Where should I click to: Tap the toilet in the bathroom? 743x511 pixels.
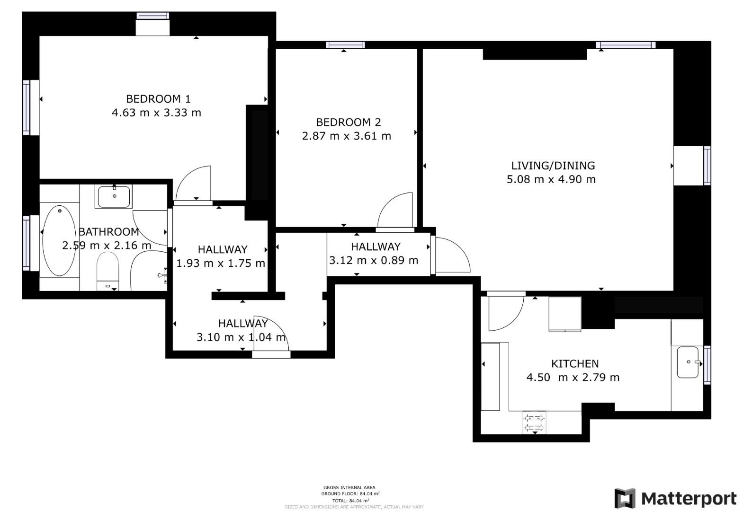pyautogui.click(x=107, y=270)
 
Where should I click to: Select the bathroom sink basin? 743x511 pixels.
pyautogui.click(x=114, y=196)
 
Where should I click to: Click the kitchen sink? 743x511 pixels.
pyautogui.click(x=688, y=362)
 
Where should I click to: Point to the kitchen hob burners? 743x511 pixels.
pyautogui.click(x=534, y=423)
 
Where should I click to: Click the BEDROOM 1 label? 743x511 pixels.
pyautogui.click(x=158, y=99)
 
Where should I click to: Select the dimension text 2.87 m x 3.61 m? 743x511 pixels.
pyautogui.click(x=346, y=136)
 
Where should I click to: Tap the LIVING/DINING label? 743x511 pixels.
pyautogui.click(x=553, y=166)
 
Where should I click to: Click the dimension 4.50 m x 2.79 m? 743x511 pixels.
pyautogui.click(x=573, y=378)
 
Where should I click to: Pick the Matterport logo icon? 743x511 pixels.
pyautogui.click(x=625, y=499)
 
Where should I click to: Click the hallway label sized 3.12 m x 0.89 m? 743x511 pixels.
pyautogui.click(x=376, y=247)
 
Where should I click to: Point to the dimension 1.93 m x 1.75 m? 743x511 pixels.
pyautogui.click(x=220, y=263)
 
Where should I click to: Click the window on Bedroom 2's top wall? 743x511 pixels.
pyautogui.click(x=345, y=45)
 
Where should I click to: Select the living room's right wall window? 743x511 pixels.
pyautogui.click(x=707, y=165)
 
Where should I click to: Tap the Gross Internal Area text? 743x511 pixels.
pyautogui.click(x=349, y=487)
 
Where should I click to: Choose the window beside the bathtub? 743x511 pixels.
pyautogui.click(x=26, y=243)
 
